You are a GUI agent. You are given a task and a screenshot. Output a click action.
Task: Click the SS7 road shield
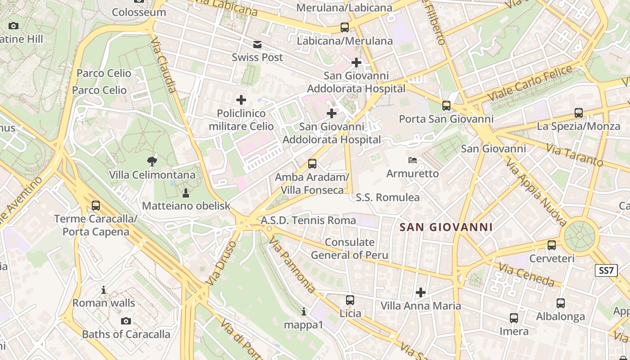click(606, 270)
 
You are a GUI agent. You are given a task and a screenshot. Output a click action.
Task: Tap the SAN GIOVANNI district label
click(446, 227)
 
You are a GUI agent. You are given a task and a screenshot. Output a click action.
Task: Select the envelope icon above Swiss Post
click(257, 45)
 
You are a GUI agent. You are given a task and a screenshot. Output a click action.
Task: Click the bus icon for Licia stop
click(350, 300)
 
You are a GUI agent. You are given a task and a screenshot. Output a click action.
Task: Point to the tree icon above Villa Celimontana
click(152, 161)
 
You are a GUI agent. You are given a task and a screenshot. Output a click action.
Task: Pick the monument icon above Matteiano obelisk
click(185, 193)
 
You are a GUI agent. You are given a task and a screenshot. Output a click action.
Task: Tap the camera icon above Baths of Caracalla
click(126, 321)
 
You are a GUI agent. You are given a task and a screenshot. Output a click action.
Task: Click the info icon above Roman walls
click(103, 290)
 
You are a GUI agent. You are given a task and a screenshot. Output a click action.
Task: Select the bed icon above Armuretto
click(413, 160)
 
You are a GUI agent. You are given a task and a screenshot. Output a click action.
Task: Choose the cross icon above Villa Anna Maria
click(421, 292)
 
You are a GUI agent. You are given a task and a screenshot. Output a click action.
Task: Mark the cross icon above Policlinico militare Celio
click(241, 99)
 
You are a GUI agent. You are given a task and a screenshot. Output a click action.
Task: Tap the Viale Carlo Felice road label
click(530, 83)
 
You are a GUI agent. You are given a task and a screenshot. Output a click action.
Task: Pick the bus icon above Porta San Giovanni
click(446, 106)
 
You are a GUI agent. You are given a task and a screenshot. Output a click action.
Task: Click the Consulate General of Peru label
click(350, 249)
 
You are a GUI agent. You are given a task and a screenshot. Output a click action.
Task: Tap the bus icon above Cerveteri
click(552, 245)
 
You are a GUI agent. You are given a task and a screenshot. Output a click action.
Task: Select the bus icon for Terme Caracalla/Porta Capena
click(96, 206)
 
